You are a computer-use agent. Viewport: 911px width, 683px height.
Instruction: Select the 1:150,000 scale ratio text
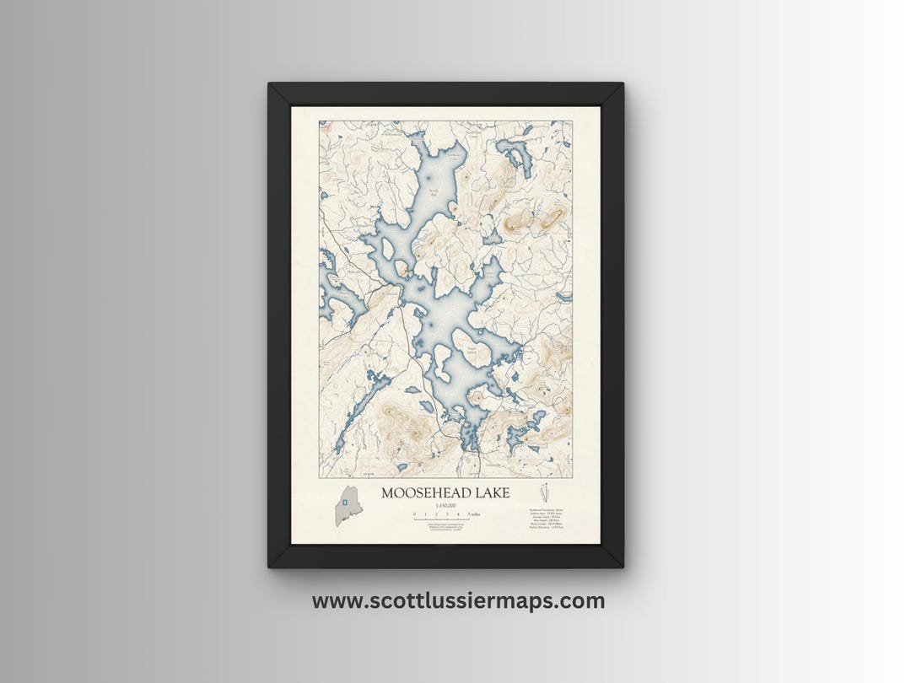[445, 504]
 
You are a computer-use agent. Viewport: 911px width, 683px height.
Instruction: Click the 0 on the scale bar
[414, 514]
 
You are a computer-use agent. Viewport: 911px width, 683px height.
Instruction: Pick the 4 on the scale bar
[458, 514]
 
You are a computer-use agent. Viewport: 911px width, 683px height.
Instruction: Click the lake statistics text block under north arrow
[546, 518]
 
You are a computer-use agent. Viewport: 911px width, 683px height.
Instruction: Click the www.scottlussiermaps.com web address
[458, 601]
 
